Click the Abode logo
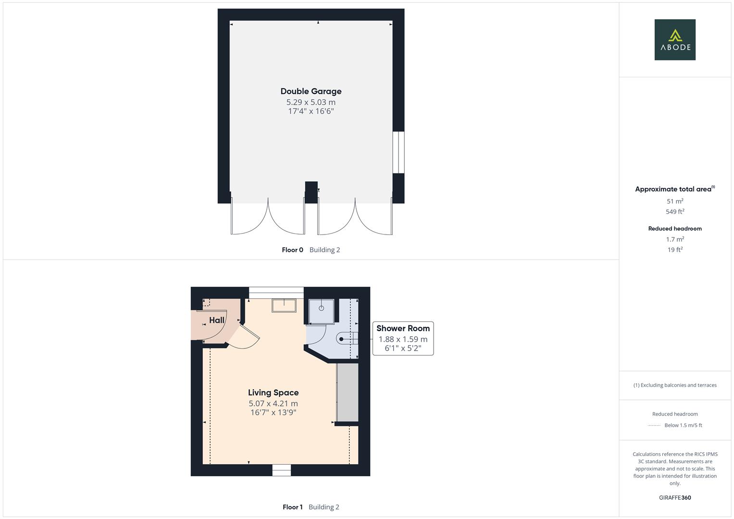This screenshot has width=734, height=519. click(x=675, y=40)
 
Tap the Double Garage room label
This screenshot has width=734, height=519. click(x=311, y=91)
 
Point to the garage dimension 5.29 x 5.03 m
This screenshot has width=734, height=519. click(x=311, y=102)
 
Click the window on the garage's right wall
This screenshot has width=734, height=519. click(x=398, y=152)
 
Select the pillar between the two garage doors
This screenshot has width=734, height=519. click(x=311, y=192)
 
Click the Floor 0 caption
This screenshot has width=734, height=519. click(x=292, y=250)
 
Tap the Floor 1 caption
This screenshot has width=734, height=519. click(x=292, y=507)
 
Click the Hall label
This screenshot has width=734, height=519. click(x=217, y=320)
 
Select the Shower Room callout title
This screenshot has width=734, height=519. click(x=403, y=328)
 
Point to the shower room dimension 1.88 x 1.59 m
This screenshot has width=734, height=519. click(x=403, y=339)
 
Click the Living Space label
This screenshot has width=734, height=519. click(x=273, y=393)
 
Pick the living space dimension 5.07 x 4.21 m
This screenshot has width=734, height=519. click(x=273, y=404)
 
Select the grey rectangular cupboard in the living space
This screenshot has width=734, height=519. click(x=348, y=393)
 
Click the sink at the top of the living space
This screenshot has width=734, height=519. click(x=284, y=305)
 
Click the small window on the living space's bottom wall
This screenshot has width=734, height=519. click(x=282, y=470)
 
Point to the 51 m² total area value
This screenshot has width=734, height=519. click(x=675, y=201)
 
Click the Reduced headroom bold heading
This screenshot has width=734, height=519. click(x=675, y=229)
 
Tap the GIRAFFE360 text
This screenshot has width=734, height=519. click(x=675, y=498)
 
